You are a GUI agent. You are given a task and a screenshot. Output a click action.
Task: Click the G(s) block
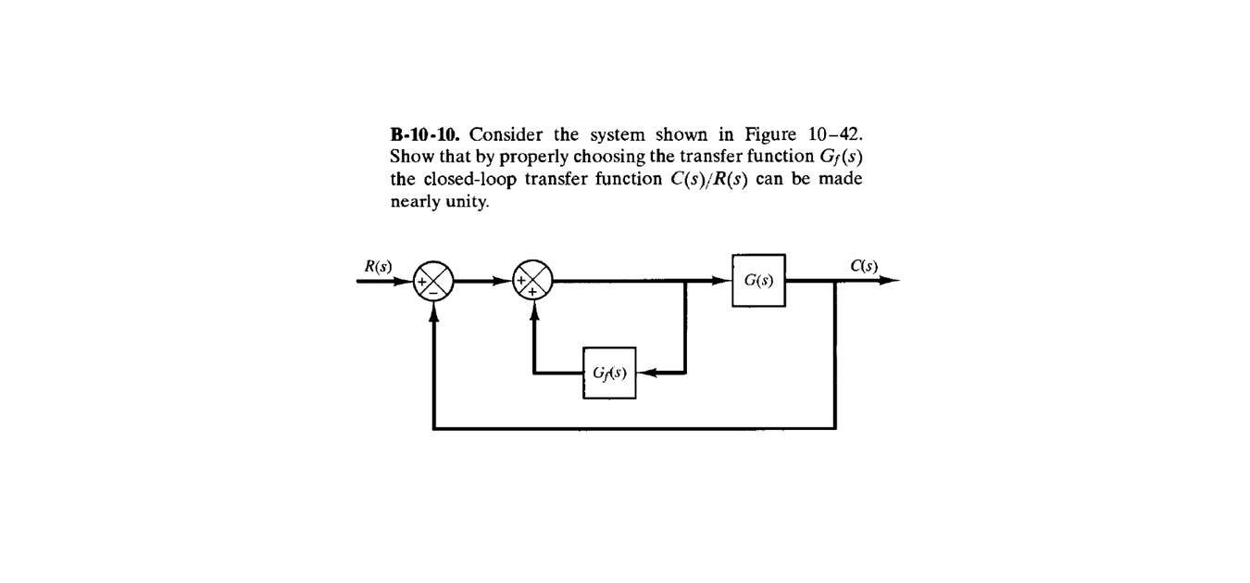(758, 280)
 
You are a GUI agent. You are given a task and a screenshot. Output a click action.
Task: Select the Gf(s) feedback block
(608, 373)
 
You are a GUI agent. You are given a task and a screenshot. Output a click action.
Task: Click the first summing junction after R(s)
(433, 280)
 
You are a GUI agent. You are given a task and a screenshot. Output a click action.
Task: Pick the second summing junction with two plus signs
(533, 280)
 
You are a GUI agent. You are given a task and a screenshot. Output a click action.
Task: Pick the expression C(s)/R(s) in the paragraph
(708, 179)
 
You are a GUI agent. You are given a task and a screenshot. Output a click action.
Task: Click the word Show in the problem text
(408, 155)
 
